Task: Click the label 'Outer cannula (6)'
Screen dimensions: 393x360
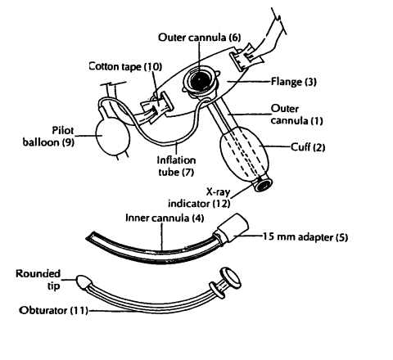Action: pyautogui.click(x=199, y=38)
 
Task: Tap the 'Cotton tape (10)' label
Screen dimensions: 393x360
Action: pyautogui.click(x=125, y=66)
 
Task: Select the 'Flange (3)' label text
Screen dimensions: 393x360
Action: pyautogui.click(x=293, y=82)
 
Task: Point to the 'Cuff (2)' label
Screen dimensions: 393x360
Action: pyautogui.click(x=308, y=147)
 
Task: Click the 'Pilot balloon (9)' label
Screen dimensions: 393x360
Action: pyautogui.click(x=48, y=136)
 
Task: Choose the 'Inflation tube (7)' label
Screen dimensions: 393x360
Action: pyautogui.click(x=176, y=166)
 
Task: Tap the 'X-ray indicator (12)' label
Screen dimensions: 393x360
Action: pyautogui.click(x=199, y=198)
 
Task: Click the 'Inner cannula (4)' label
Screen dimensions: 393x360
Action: pyautogui.click(x=165, y=218)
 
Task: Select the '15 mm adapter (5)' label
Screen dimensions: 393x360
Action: pyautogui.click(x=305, y=236)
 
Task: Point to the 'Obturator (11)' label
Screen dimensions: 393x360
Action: pyautogui.click(x=53, y=310)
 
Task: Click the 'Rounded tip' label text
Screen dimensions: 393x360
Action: pyautogui.click(x=38, y=280)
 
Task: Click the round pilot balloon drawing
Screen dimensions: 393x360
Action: pyautogui.click(x=112, y=137)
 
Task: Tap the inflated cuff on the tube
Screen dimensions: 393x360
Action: pyautogui.click(x=244, y=155)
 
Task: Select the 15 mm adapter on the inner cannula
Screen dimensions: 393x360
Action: pyautogui.click(x=233, y=228)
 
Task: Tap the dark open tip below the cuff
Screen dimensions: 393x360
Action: pyautogui.click(x=264, y=186)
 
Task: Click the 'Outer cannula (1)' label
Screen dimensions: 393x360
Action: pyautogui.click(x=296, y=115)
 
